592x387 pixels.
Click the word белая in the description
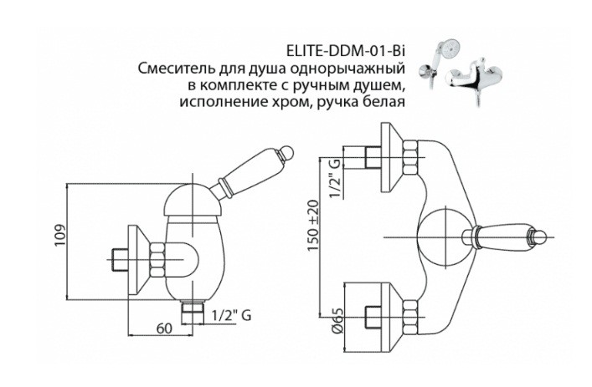click(x=384, y=103)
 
